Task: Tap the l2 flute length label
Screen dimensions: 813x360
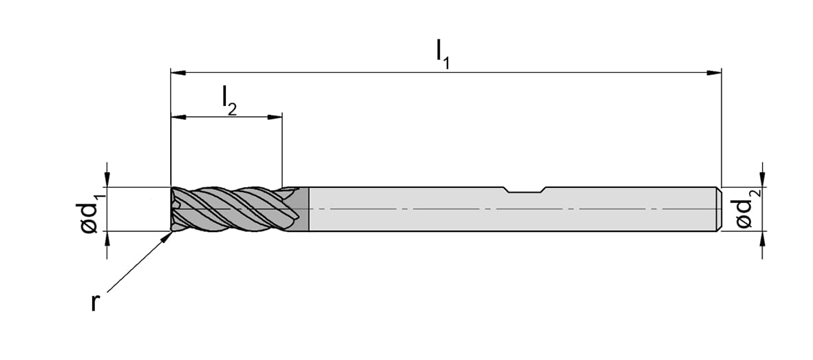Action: tap(229, 100)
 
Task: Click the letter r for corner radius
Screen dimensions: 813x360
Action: tap(95, 302)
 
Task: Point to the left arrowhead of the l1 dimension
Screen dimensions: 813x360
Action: tap(178, 73)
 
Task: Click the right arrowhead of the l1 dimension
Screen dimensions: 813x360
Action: tap(715, 73)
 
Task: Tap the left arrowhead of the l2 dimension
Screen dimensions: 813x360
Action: tap(178, 117)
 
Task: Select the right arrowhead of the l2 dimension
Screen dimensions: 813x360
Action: tap(275, 117)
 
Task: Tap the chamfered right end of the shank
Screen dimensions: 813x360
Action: tap(719, 209)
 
